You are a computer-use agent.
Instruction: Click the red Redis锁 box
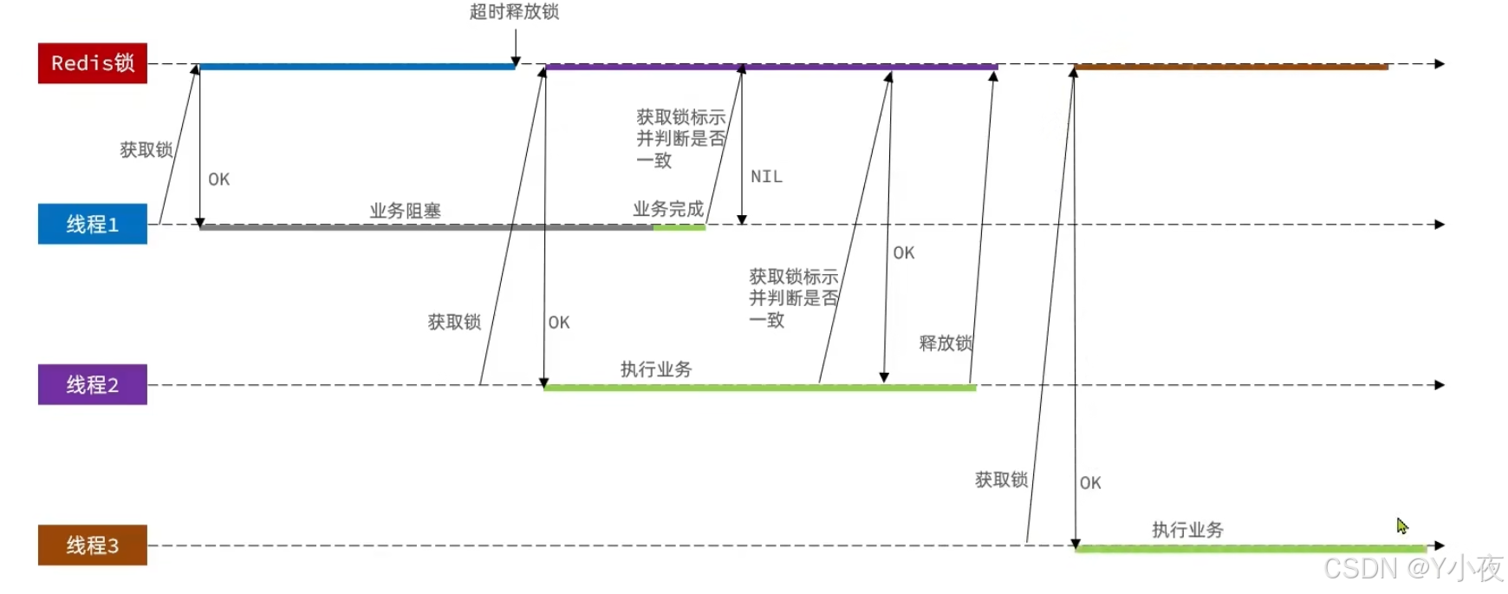(93, 63)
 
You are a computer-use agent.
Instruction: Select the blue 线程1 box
(93, 224)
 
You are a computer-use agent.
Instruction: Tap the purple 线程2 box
(93, 384)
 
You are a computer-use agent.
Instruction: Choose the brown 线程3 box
(93, 545)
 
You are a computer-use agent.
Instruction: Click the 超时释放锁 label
(514, 12)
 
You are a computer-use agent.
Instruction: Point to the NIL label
(766, 177)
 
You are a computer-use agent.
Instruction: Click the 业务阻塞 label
(405, 211)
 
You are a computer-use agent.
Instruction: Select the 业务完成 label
(667, 209)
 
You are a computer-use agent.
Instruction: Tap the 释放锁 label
(946, 343)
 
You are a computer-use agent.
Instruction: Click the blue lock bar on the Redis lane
(357, 66)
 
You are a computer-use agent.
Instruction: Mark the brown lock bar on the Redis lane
(1231, 66)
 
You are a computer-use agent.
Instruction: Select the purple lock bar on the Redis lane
(771, 66)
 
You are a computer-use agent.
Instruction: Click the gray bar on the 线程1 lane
(425, 227)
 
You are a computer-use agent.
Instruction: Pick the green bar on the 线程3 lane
(1251, 548)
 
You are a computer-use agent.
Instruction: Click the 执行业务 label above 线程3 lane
(1187, 530)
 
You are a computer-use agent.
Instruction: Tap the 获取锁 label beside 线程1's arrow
(146, 150)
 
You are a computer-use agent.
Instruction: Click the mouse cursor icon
(1402, 526)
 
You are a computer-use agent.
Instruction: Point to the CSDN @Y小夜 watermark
(1413, 568)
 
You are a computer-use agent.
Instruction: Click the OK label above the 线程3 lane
(1090, 483)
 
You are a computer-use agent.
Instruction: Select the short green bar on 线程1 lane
(679, 227)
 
